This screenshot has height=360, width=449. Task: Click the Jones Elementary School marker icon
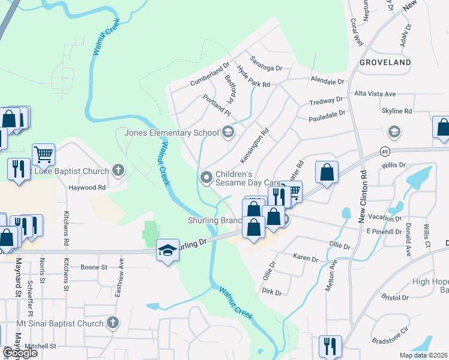(228, 132)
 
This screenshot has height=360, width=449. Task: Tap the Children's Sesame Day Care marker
(206, 176)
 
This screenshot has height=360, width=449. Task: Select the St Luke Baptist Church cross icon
(118, 170)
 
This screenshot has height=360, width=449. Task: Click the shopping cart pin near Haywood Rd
(43, 155)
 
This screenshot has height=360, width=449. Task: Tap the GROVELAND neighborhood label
(385, 62)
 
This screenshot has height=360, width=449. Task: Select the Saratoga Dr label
(267, 68)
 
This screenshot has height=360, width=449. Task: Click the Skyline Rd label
(397, 111)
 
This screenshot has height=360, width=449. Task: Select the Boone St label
(93, 267)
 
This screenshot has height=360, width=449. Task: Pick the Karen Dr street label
(305, 258)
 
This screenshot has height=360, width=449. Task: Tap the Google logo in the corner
(20, 352)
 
